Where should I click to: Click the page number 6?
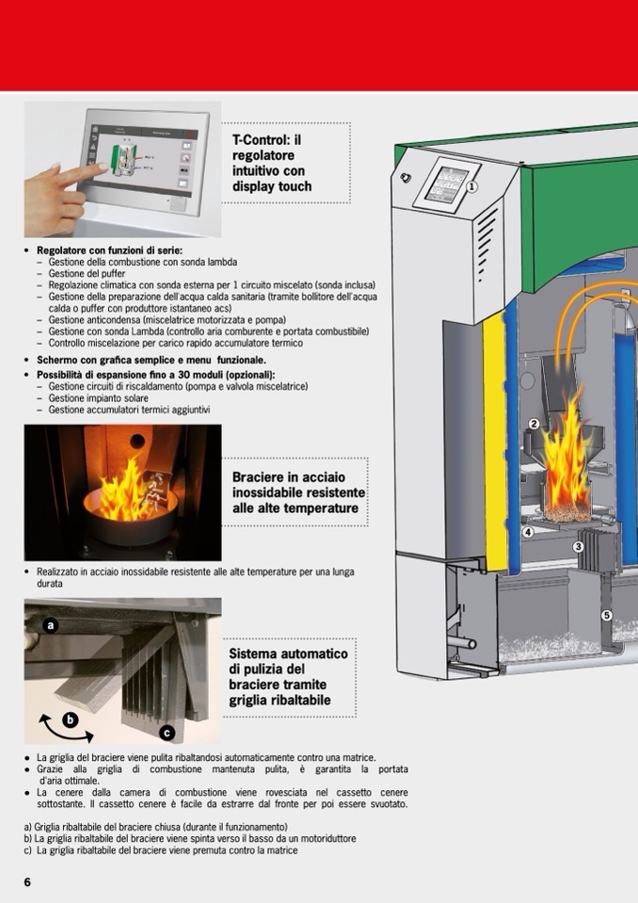pos(27,881)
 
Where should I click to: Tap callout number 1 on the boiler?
pos(472,186)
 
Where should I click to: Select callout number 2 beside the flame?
pos(534,425)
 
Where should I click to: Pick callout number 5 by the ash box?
pos(606,615)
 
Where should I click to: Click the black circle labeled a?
pos(51,624)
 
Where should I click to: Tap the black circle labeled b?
pos(69,720)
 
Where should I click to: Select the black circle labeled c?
pos(167,732)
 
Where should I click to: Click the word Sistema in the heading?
pos(256,653)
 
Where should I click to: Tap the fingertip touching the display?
pos(102,167)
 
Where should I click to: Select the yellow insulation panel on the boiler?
pos(493,443)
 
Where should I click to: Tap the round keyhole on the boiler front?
pos(406,178)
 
